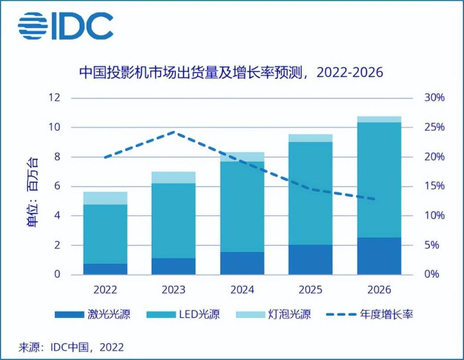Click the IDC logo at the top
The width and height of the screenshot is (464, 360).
(65, 25)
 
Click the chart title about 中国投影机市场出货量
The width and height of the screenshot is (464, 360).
(231, 72)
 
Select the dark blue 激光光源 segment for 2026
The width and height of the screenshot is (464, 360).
(379, 256)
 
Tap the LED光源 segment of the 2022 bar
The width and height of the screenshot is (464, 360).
(105, 234)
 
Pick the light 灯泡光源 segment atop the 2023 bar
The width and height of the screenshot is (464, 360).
(173, 177)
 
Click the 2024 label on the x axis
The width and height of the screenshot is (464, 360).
(242, 290)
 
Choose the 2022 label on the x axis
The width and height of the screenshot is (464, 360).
(105, 290)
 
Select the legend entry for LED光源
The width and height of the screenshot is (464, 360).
(182, 315)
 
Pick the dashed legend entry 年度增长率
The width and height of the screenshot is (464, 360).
(369, 315)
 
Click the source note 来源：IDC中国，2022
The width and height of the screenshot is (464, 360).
(71, 346)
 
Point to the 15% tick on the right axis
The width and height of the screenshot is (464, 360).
(433, 186)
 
